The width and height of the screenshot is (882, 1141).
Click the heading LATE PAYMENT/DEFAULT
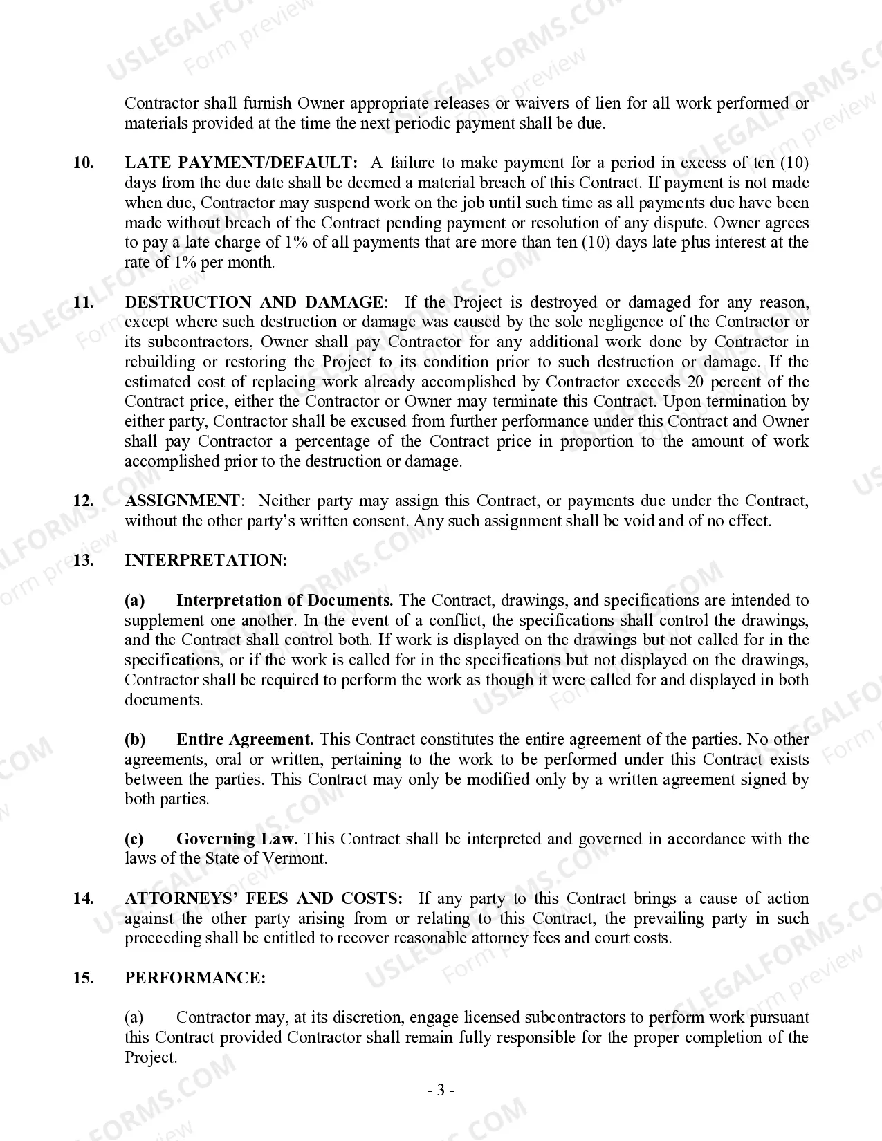(x=241, y=163)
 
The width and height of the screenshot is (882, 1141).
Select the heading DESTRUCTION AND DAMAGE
(x=254, y=302)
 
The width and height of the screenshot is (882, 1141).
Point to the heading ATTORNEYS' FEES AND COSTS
(x=264, y=898)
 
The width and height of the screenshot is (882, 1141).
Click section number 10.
(x=83, y=163)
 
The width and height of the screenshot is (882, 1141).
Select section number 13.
(x=83, y=560)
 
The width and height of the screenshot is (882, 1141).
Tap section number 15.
(x=83, y=978)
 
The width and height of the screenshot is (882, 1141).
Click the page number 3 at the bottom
(x=440, y=1091)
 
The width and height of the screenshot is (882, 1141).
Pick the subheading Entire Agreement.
(x=245, y=739)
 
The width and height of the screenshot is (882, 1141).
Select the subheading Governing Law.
(x=237, y=839)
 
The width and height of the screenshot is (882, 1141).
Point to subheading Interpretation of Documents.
(x=284, y=600)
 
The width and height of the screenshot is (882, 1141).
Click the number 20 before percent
(x=697, y=382)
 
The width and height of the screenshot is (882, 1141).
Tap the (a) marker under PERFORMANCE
(x=134, y=1017)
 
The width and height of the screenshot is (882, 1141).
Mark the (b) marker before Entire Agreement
(x=135, y=739)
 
